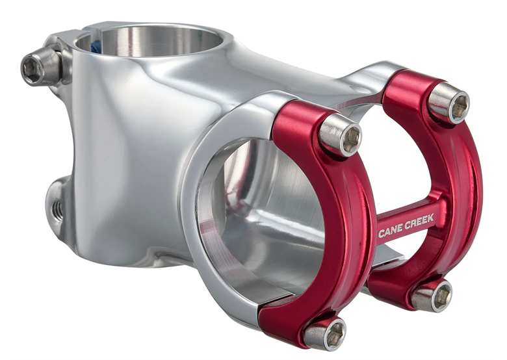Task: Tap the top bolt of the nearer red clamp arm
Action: click(x=341, y=135)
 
